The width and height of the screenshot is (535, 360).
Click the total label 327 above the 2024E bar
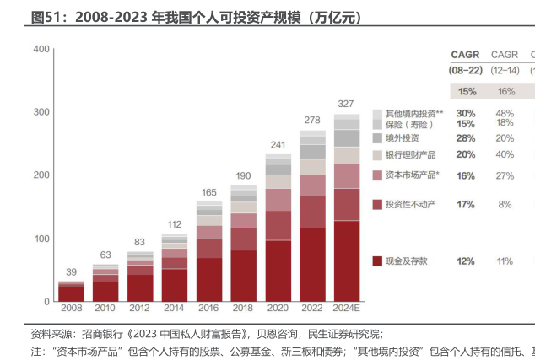pos(346,104)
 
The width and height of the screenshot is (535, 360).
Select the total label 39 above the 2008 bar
pos(72,271)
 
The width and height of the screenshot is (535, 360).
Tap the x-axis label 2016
pos(208,309)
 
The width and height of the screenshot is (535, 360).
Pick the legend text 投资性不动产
pos(410,205)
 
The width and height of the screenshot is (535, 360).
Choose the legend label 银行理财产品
pos(410,155)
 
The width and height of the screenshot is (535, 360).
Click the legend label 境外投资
pos(402,138)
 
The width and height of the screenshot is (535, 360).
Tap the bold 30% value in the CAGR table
pos(466,113)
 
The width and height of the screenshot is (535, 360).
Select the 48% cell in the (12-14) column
pos(505,113)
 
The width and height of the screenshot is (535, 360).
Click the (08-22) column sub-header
pos(466,71)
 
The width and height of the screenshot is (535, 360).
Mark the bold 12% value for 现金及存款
pos(466,261)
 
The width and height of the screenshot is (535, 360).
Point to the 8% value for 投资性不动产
pos(505,205)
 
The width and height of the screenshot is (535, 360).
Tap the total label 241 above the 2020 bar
pos(278,145)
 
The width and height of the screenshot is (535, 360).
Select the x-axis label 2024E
pos(346,309)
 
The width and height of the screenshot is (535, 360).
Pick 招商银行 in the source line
pos(103,333)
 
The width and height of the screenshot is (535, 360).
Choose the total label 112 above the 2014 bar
pos(175,225)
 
